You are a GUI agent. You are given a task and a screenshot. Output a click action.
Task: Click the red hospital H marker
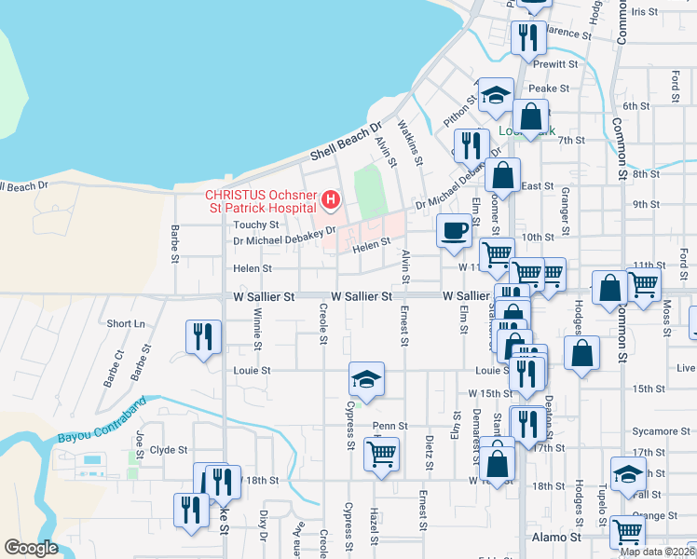(330, 198)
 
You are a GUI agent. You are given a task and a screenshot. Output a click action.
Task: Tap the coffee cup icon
(455, 230)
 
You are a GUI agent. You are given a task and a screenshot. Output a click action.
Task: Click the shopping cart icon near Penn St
(381, 455)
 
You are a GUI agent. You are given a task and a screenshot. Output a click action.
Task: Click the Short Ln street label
(126, 323)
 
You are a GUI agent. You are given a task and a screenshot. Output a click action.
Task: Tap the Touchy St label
(256, 225)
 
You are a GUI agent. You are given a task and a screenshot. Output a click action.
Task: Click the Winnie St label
(257, 326)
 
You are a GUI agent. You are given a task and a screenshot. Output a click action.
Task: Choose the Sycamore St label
(652, 431)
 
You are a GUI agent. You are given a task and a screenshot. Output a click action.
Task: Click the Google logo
(31, 548)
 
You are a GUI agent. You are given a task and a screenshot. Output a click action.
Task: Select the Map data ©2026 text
(657, 552)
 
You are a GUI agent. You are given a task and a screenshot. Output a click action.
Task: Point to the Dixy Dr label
(264, 525)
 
